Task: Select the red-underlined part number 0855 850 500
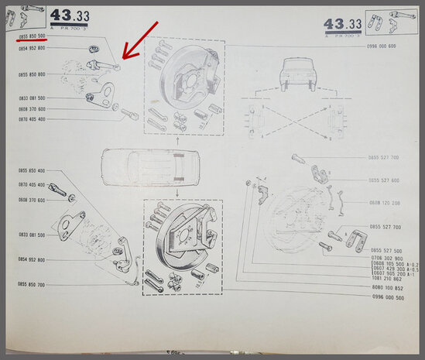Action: [32, 36]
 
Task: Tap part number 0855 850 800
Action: [33, 74]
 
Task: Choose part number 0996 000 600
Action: [382, 46]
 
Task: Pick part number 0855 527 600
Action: [384, 180]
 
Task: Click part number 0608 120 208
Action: [384, 203]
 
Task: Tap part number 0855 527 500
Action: [387, 250]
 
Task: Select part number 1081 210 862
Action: [387, 278]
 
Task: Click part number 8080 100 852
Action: [386, 286]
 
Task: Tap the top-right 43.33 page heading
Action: [344, 25]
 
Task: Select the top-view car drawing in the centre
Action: [143, 165]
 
